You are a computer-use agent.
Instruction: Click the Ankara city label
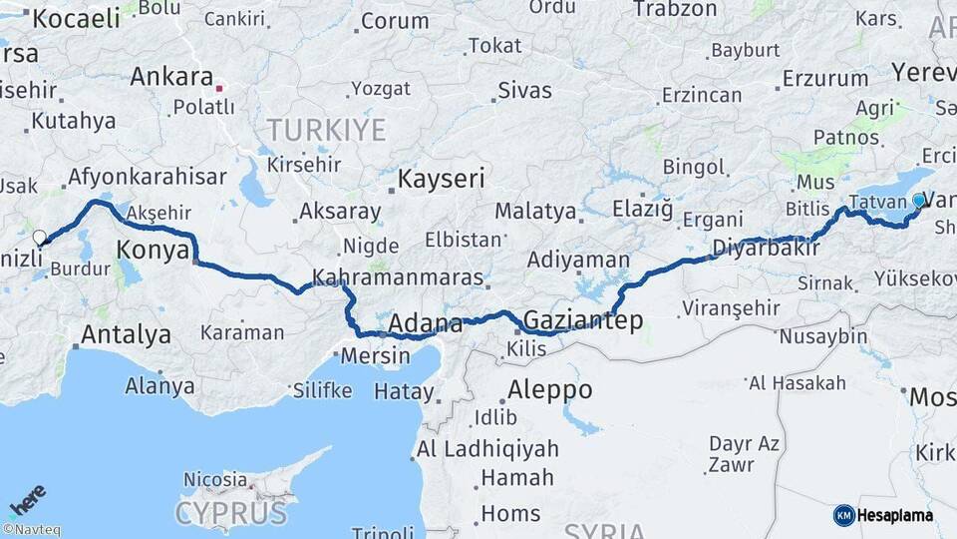(x=171, y=77)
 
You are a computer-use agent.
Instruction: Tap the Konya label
(x=153, y=250)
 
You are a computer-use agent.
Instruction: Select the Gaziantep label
(x=582, y=320)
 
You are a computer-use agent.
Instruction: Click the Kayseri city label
(x=441, y=180)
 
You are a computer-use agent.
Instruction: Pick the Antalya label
(x=127, y=334)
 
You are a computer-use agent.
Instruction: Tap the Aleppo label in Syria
(x=549, y=389)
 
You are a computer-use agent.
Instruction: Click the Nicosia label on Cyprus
(x=215, y=479)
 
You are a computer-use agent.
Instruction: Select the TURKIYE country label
(x=325, y=130)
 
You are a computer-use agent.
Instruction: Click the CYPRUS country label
(x=231, y=514)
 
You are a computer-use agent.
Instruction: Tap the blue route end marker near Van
(x=918, y=201)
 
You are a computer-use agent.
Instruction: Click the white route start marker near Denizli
(x=40, y=238)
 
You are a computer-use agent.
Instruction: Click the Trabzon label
(x=674, y=9)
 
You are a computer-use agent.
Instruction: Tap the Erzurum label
(x=824, y=78)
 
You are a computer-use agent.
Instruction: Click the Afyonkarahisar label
(x=146, y=177)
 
